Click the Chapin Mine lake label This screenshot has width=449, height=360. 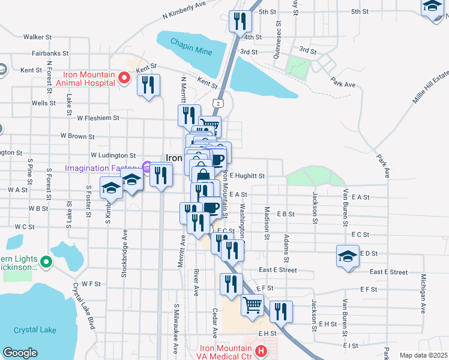click(191, 47)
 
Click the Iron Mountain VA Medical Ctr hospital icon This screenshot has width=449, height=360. click(261, 350)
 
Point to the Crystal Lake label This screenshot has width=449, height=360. click(34, 329)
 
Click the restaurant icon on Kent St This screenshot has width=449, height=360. click(149, 85)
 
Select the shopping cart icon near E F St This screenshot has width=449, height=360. click(252, 305)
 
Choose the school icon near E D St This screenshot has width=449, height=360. click(348, 256)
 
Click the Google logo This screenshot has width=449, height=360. click(20, 353)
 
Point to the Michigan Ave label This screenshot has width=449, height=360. click(423, 294)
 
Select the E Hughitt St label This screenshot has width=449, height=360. click(247, 176)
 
